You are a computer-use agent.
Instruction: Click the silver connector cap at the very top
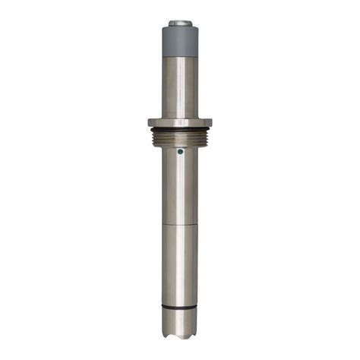tap(179, 24)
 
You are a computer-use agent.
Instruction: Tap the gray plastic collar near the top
tap(179, 41)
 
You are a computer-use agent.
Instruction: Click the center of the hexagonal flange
tap(179, 122)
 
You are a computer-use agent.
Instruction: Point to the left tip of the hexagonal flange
tap(142, 122)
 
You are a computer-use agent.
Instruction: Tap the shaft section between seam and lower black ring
tap(179, 266)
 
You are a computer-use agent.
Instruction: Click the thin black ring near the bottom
tap(179, 307)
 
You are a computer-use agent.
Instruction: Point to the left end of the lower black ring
tap(162, 306)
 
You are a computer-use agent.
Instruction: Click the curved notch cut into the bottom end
tap(179, 333)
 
